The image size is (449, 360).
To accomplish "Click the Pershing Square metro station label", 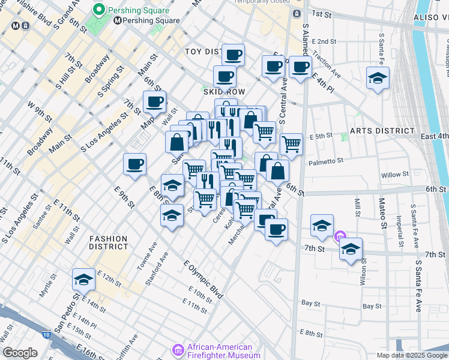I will coord(151,20).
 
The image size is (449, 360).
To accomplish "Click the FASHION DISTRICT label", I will coord(109,242).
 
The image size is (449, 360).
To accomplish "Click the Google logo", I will coord(20,353).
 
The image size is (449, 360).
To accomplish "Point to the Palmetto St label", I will coord(326,161).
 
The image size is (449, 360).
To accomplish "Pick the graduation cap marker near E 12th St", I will coord(83,279).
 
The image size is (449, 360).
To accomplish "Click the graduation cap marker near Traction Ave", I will coord(378,78).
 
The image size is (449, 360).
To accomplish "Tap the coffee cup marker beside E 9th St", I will coord(134,164).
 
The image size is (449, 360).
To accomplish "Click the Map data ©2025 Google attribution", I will coord(411,355).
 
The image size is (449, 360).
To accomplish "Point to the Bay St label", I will coord(310,304).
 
